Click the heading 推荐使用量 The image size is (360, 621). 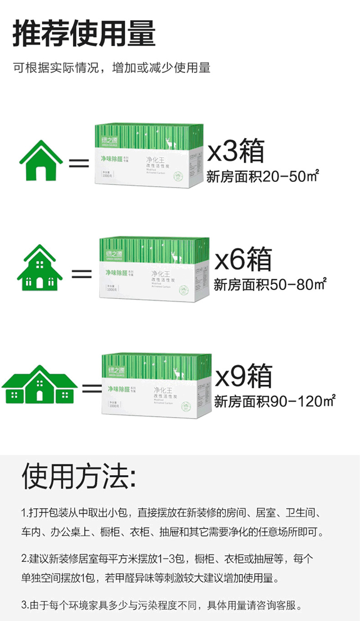coord(84,33)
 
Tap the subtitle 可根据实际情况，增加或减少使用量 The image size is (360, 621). coord(112,68)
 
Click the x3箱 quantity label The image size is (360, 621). coord(236,151)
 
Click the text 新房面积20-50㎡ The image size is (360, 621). coord(262,176)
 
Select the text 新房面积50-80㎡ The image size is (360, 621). coord(271,285)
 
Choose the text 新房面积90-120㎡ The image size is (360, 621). coord(275,402)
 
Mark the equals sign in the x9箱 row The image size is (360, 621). coord(92,388)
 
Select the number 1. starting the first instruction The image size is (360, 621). coord(24,512)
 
